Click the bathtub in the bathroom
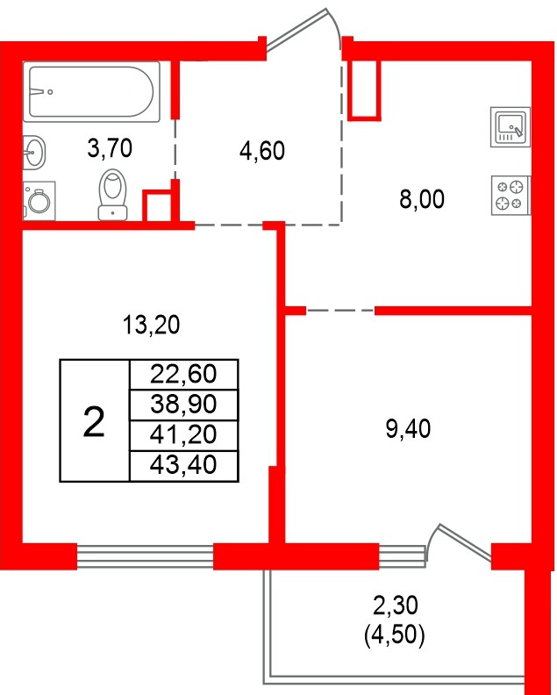click(92, 91)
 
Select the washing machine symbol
click(38, 201)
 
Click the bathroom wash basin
click(34, 152)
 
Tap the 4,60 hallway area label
click(262, 151)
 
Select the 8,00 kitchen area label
click(422, 199)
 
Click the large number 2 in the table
click(93, 422)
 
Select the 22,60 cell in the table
click(182, 375)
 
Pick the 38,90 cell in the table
click(182, 405)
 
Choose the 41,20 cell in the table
click(182, 434)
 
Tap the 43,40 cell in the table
click(182, 464)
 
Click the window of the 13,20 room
click(145, 556)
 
